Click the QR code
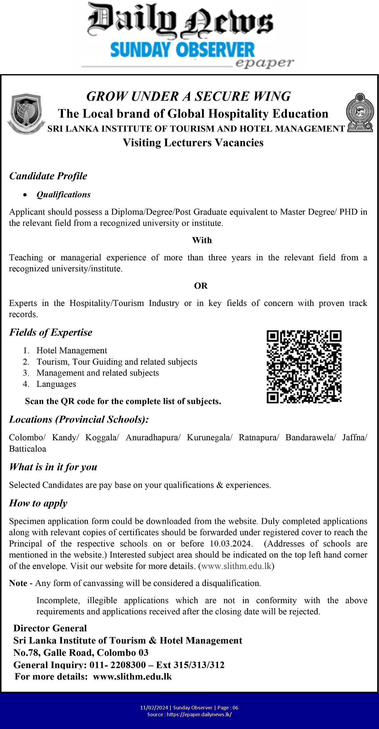pyautogui.click(x=304, y=367)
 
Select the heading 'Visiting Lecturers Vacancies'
pyautogui.click(x=193, y=143)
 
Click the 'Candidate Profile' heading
pyautogui.click(x=48, y=176)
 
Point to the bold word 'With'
pyautogui.click(x=202, y=240)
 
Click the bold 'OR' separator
pyautogui.click(x=201, y=286)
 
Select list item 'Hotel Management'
pyautogui.click(x=72, y=351)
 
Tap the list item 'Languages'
pyautogui.click(x=56, y=384)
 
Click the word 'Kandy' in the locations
pyautogui.click(x=65, y=438)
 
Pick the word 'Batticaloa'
pyautogui.click(x=28, y=449)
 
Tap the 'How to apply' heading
pyautogui.click(x=38, y=503)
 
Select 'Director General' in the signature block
pyautogui.click(x=50, y=628)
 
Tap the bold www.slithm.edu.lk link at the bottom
pyautogui.click(x=132, y=677)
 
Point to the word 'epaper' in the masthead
pyautogui.click(x=265, y=63)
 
